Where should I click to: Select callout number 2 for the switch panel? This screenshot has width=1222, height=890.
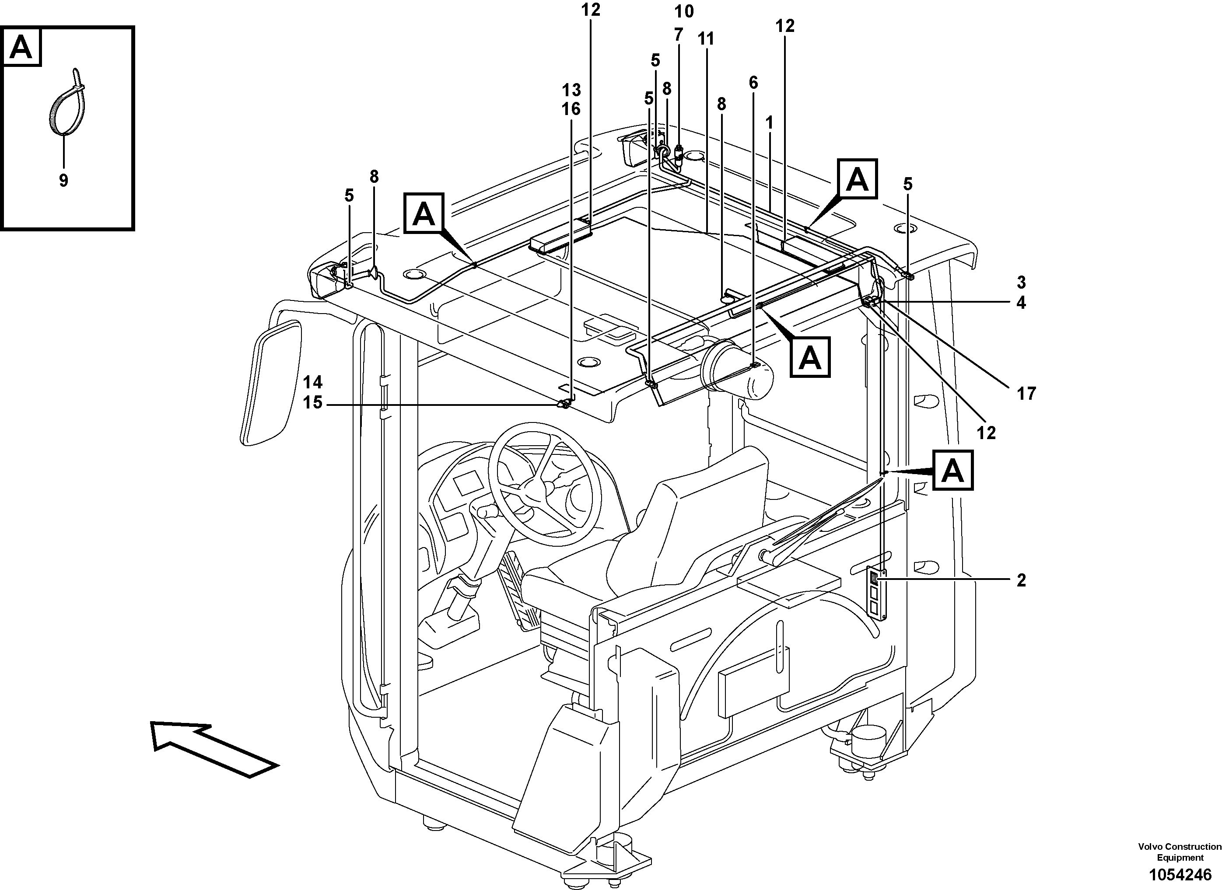[x=1021, y=580]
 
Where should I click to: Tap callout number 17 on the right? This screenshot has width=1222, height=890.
[x=1026, y=394]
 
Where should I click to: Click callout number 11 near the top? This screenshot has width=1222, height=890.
[x=706, y=39]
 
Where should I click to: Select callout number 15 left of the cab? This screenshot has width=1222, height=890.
[x=312, y=402]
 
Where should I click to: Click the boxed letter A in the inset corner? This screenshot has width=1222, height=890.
[x=21, y=47]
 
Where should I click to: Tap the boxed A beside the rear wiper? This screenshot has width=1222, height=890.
[x=953, y=470]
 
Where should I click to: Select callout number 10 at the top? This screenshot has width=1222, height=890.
[x=684, y=11]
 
